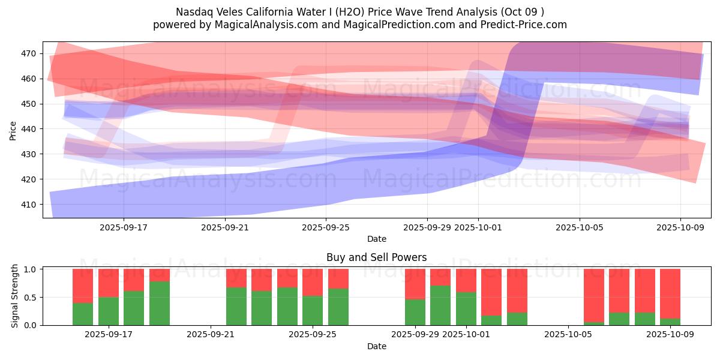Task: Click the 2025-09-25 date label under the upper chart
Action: point(326,227)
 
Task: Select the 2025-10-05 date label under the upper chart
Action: point(579,227)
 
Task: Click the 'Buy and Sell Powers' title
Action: point(376,257)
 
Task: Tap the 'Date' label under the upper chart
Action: point(376,239)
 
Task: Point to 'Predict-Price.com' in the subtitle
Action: point(525,25)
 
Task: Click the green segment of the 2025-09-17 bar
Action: point(109,311)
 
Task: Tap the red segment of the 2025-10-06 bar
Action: point(594,295)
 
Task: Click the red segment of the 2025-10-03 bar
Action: point(517,290)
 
